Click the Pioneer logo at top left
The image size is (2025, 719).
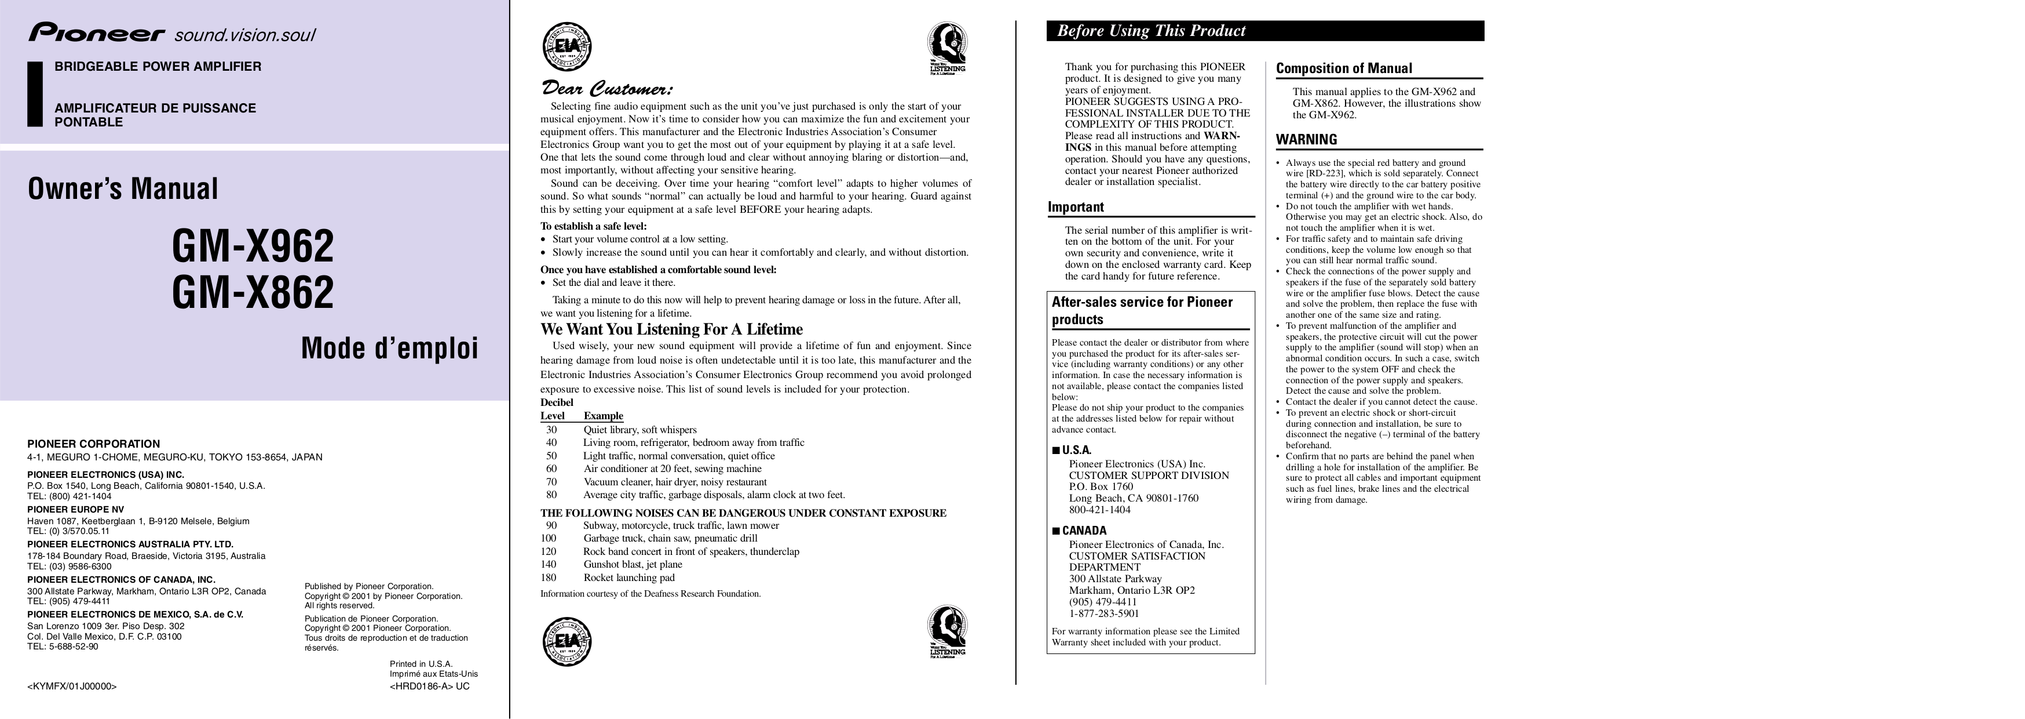97,34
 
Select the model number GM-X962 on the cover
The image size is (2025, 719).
253,246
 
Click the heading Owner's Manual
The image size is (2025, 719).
123,189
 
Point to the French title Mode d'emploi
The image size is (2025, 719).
389,348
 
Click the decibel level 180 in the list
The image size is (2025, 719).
548,578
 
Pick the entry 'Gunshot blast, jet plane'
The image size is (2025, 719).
632,564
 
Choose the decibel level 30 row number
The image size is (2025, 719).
551,430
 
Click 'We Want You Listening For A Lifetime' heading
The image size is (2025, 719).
671,329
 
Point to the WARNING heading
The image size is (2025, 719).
1306,140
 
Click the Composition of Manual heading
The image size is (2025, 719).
1343,68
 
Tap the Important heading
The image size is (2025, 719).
1076,207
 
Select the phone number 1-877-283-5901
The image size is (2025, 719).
1103,613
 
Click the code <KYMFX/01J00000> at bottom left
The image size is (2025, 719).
72,686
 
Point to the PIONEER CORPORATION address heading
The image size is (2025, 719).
94,444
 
